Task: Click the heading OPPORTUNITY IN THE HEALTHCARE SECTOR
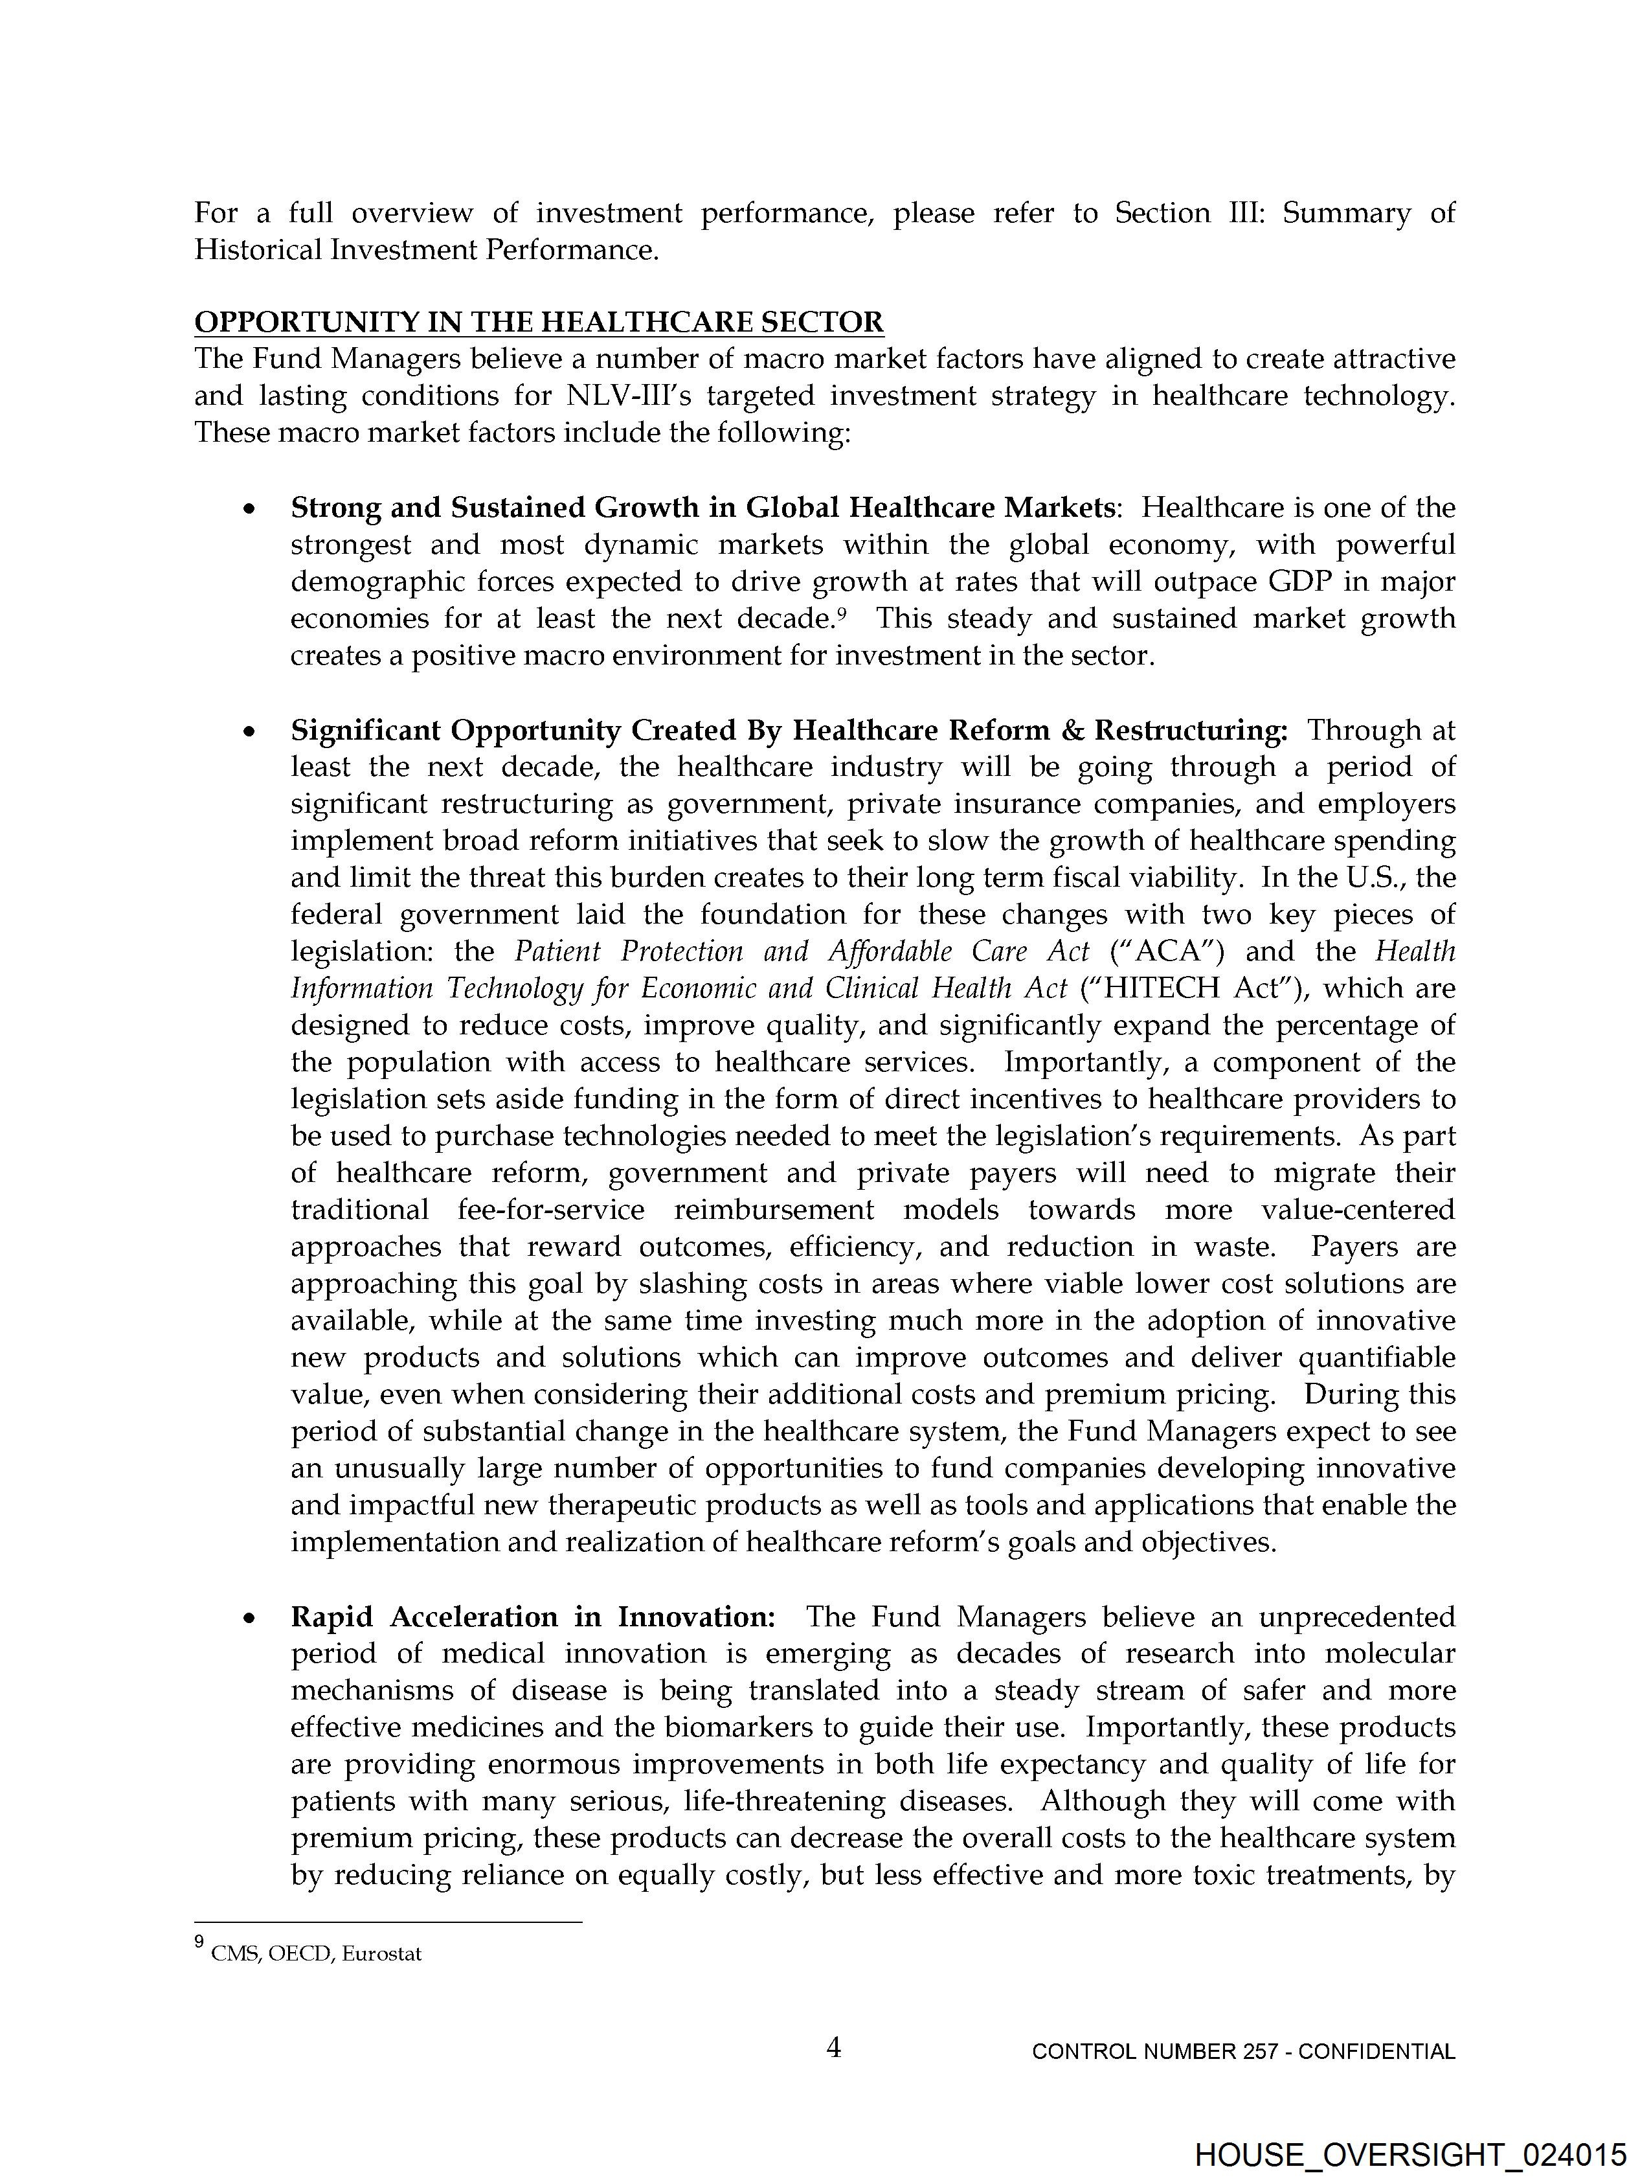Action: (539, 323)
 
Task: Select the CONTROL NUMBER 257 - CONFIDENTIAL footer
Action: (1242, 2052)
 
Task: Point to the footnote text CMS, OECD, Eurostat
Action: (315, 1954)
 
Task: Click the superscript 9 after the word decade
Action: (842, 613)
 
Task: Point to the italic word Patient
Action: (557, 952)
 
